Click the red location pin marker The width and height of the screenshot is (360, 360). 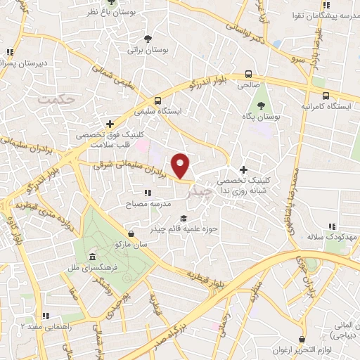point(181,165)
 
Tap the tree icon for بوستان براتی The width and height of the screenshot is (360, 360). point(147,39)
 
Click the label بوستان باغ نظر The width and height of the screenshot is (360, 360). point(108,13)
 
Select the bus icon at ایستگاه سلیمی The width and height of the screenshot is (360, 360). point(157,101)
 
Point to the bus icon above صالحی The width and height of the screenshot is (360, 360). point(248,74)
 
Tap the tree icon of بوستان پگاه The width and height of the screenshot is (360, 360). point(262,105)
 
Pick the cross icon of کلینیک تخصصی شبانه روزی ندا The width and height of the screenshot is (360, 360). point(243,169)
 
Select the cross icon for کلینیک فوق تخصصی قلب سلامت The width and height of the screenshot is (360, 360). point(109,124)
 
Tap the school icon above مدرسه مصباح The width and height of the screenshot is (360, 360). point(147,193)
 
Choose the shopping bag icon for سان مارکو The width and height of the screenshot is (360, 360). point(131,233)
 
